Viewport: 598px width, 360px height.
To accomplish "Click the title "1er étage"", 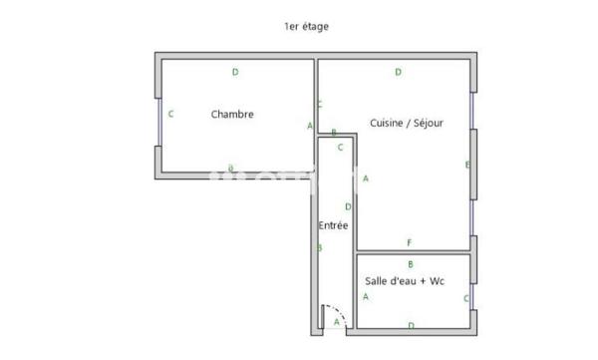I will [306, 27].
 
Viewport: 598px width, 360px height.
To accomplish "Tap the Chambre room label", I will [232, 115].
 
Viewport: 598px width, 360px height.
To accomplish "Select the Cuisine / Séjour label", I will [406, 124].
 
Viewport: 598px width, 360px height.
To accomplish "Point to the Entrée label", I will [333, 226].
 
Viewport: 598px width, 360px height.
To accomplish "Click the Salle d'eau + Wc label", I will [404, 281].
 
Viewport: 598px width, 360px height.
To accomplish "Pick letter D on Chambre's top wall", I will [235, 72].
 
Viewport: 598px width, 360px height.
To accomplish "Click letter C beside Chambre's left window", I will [171, 115].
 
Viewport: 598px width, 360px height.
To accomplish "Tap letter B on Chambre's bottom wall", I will [231, 168].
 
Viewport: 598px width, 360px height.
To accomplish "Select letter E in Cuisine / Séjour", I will [466, 165].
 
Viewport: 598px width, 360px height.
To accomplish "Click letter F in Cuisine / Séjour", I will [409, 243].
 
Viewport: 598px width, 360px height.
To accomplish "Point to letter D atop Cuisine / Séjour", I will [398, 72].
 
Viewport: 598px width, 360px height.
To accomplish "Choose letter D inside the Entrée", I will [347, 206].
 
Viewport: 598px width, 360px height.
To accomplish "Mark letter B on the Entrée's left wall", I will [319, 248].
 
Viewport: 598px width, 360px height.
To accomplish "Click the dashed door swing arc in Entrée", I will [338, 310].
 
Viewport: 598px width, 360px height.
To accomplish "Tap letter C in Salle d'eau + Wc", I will [465, 298].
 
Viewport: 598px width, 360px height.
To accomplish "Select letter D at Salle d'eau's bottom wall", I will [411, 325].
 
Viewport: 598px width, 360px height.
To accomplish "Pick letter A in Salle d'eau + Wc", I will [366, 297].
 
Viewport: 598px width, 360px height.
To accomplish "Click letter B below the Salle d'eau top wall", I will [411, 263].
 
